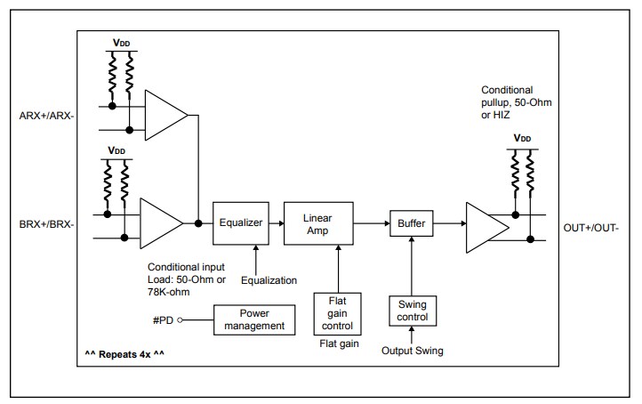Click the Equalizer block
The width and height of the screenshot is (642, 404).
241,223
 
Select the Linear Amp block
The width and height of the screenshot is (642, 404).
317,223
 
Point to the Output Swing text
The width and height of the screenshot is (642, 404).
413,351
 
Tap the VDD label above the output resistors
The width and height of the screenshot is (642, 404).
523,140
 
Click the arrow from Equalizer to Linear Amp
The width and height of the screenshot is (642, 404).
276,223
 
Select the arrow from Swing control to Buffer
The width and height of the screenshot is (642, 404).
412,267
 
